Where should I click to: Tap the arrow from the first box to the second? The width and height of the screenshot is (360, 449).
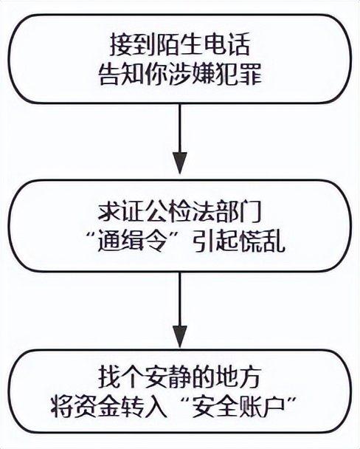click(181, 140)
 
